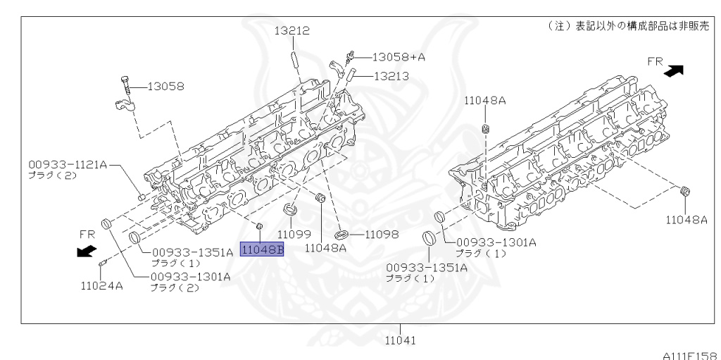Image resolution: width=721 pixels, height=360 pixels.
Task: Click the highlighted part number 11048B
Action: coord(262,249)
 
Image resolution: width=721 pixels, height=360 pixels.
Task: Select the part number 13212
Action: coord(292,31)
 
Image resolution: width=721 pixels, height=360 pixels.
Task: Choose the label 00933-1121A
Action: coord(68,164)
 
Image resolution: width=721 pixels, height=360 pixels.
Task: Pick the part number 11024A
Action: coord(101,285)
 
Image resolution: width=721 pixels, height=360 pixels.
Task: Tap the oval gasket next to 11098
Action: coord(341,233)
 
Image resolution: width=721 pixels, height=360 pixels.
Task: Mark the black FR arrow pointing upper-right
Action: coord(675,70)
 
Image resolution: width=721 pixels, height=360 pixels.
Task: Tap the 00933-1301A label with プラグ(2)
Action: coord(190,276)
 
